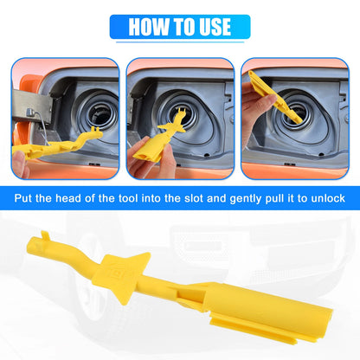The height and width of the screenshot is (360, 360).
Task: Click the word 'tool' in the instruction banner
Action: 127,198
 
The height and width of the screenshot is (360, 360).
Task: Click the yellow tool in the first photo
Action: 58,144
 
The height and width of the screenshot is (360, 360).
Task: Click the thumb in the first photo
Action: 20,164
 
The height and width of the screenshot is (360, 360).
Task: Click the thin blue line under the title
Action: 180,42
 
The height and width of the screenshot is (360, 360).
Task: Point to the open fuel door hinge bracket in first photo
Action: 32,106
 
